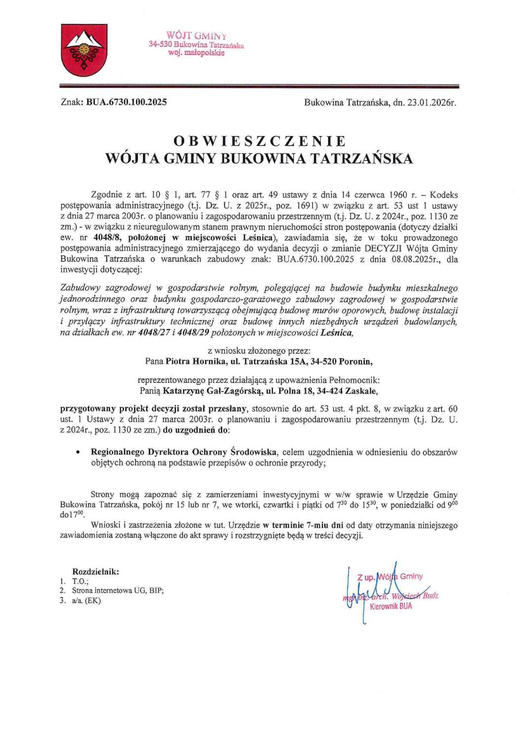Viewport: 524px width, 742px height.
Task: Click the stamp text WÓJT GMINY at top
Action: [196, 36]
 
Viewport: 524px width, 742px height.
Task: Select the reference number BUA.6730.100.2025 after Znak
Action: [127, 102]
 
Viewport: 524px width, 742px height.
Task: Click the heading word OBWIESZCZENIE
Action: [260, 141]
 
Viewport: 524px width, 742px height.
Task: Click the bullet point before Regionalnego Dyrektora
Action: [78, 453]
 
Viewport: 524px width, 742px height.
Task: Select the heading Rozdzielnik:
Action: [95, 572]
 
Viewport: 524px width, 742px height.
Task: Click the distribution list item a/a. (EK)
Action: [87, 601]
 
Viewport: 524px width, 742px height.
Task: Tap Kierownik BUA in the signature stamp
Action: [391, 606]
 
